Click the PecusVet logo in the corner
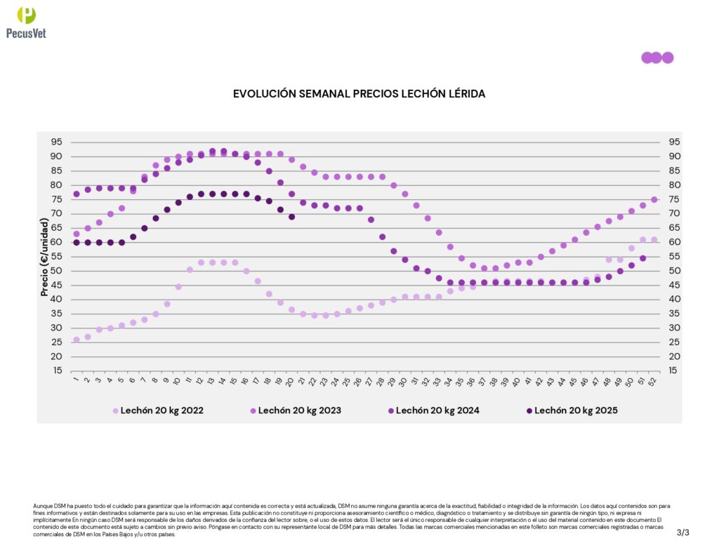pos(26,22)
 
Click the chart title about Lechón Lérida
pos(359,93)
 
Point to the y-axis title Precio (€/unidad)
pos(44,257)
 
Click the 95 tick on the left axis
pos(56,142)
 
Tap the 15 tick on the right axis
pos(672,370)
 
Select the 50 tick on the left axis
pos(56,271)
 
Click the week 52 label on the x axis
pos(653,382)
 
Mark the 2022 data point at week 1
pos(77,340)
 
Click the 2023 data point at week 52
pos(654,199)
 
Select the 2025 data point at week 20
pos(291,217)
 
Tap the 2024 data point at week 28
pos(383,236)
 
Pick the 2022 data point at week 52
pos(654,239)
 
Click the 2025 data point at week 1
pos(77,242)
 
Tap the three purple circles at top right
pos(657,58)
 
